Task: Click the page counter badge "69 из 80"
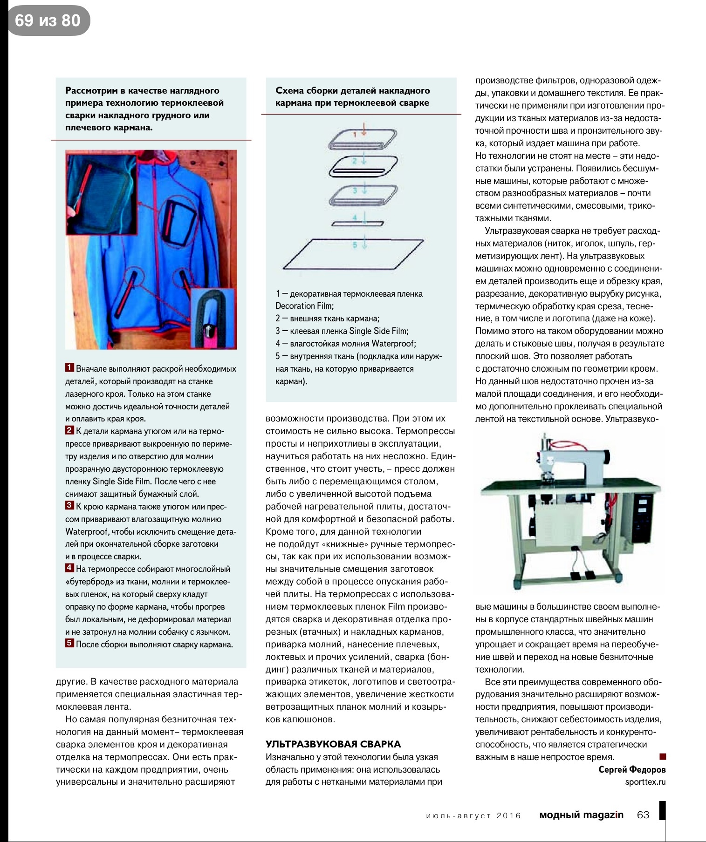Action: click(48, 20)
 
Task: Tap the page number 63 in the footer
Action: click(643, 815)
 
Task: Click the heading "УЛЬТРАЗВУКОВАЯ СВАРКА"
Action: click(333, 744)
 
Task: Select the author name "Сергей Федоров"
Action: click(632, 769)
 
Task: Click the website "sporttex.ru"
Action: click(645, 782)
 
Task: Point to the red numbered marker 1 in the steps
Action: click(69, 368)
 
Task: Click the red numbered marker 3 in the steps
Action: click(69, 506)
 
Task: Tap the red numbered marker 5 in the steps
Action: click(69, 644)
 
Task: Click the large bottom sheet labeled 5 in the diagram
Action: click(353, 254)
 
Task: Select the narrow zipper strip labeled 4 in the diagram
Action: click(357, 223)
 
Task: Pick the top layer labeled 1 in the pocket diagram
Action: click(363, 138)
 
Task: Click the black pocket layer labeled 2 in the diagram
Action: click(363, 166)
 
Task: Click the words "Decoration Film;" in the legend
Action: click(304, 306)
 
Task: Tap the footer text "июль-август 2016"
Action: click(473, 815)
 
